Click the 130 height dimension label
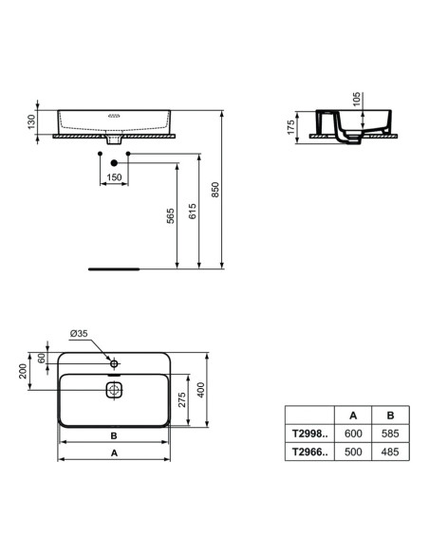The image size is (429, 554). tap(32, 120)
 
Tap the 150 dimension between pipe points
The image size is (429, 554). tap(114, 175)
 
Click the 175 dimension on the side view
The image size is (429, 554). tap(291, 126)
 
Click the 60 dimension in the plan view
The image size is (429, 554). tap(41, 358)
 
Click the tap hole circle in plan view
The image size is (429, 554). tap(113, 364)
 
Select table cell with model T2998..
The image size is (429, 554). tap(308, 433)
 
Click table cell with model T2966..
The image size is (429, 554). tap(308, 452)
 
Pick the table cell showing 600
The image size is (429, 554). tap(353, 433)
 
